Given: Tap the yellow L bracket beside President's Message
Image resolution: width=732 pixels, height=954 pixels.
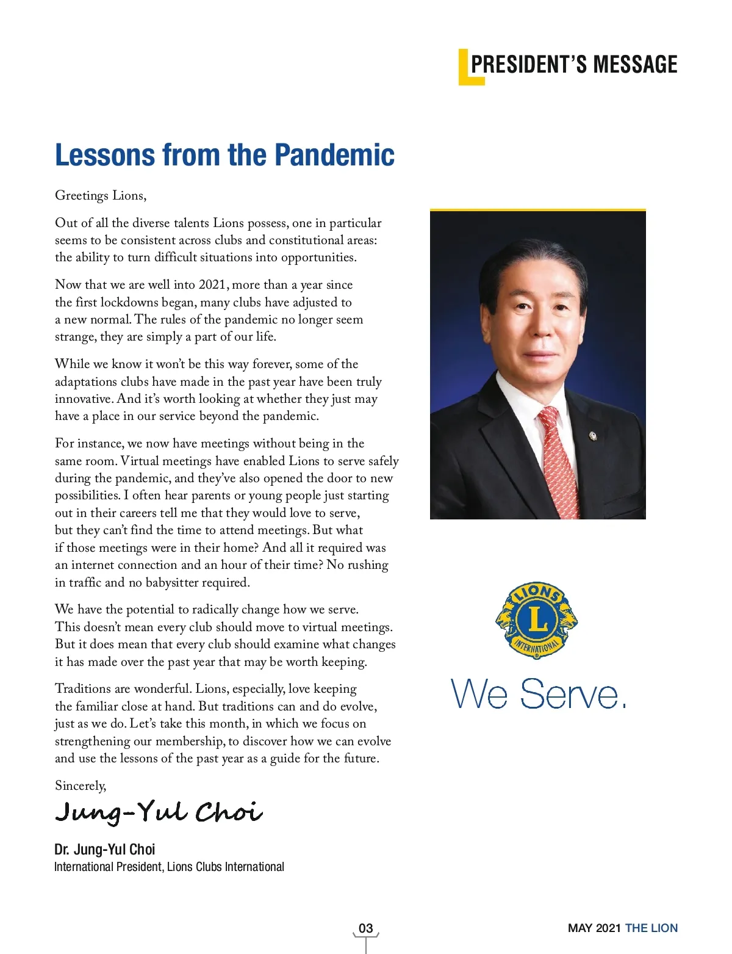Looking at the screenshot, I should tap(464, 68).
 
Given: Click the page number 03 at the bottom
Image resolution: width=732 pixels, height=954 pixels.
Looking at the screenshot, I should tap(365, 928).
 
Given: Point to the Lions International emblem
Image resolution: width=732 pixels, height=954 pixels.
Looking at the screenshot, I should tap(537, 620).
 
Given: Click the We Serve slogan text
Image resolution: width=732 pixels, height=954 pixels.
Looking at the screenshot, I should tap(539, 694).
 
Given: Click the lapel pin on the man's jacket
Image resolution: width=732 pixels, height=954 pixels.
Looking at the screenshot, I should tap(592, 436).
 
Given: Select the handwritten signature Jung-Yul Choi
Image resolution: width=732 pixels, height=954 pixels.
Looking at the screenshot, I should tap(159, 812).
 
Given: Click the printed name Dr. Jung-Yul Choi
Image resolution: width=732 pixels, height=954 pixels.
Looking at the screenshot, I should tap(104, 849).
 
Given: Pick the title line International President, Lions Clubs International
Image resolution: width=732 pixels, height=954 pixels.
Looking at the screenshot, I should tap(169, 867).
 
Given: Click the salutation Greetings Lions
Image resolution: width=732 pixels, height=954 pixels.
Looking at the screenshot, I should tap(101, 195).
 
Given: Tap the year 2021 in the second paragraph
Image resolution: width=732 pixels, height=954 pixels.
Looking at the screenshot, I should tap(212, 285).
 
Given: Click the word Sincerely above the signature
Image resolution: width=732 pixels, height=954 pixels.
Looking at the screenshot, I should tap(81, 786).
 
